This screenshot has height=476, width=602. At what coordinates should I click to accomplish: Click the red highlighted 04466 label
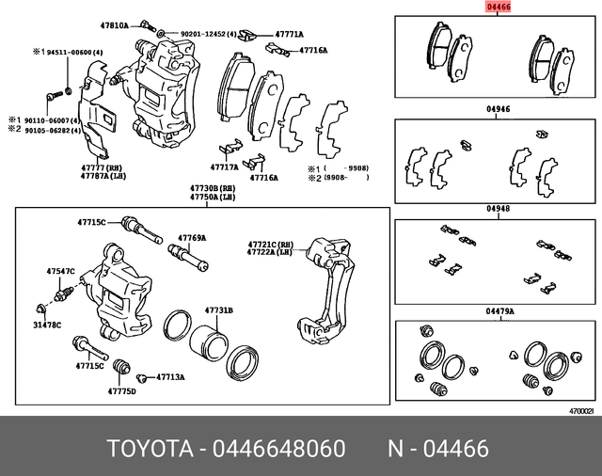pos(499,8)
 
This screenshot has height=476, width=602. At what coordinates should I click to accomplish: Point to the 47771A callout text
pos(289,33)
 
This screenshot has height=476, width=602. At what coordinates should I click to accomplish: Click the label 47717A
pos(224,167)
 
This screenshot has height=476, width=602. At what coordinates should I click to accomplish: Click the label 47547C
pos(60,271)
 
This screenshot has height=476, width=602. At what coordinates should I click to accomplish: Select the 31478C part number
pos(47,325)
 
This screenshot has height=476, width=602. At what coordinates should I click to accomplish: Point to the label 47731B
pos(219,309)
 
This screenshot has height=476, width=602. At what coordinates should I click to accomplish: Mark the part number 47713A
pos(170,376)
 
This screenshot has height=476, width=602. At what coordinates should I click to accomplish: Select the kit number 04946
pos(498,109)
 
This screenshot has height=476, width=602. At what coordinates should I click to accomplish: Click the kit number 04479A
pos(499,310)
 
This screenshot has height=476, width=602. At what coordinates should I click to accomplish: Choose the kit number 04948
pos(498,210)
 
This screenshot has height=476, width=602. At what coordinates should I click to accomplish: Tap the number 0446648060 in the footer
pos(279,448)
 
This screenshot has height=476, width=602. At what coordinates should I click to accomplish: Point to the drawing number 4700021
pos(581,410)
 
